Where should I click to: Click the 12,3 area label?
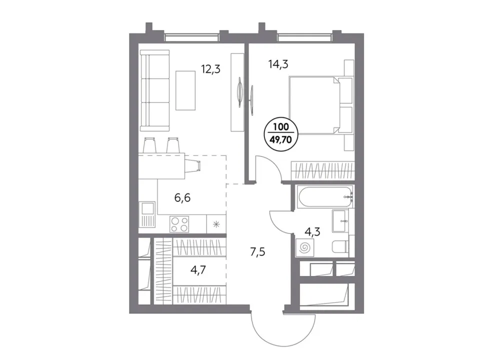(210, 69)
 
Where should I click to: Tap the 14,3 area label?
(278, 64)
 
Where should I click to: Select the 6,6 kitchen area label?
(182, 198)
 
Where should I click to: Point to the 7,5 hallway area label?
(257, 252)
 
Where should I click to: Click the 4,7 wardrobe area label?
(198, 269)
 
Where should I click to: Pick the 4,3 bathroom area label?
(312, 231)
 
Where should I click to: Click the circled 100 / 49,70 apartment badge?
(280, 134)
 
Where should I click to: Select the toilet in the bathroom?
(340, 246)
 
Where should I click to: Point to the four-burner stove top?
(179, 224)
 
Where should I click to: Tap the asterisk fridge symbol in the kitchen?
(216, 224)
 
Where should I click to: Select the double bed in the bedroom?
(314, 105)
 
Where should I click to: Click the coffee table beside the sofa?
(185, 90)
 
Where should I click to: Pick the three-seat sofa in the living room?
(155, 90)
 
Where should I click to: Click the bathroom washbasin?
(340, 221)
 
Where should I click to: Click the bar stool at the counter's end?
(193, 165)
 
